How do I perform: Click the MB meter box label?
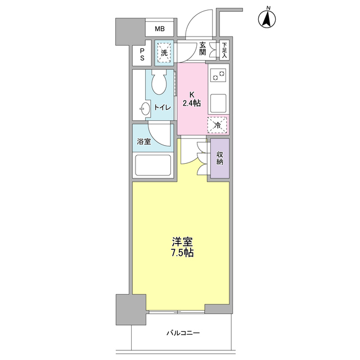tap(160, 29)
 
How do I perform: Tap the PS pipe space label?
tap(142, 54)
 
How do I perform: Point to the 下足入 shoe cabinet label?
tap(224, 51)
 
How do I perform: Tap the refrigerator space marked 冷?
tap(218, 125)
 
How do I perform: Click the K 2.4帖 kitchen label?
tap(192, 99)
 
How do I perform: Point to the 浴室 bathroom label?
tap(144, 142)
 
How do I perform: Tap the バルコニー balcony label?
tap(183, 333)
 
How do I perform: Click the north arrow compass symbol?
tap(268, 19)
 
